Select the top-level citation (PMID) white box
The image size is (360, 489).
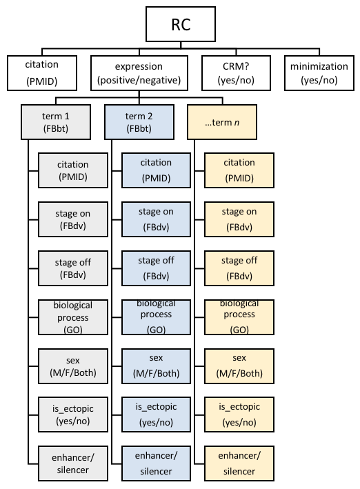pyautogui.click(x=42, y=72)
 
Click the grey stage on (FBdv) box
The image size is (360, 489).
pyautogui.click(x=72, y=219)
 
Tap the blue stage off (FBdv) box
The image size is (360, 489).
pyautogui.click(x=157, y=268)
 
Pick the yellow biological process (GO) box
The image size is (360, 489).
pyautogui.click(x=239, y=317)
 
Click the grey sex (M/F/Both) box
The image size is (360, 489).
pyautogui.click(x=72, y=366)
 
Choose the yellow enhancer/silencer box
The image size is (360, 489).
pyautogui.click(x=239, y=463)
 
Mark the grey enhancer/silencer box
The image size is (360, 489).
pyautogui.click(x=72, y=463)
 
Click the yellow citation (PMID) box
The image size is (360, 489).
pyautogui.click(x=239, y=170)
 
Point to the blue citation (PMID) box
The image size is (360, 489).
pyautogui.click(x=157, y=170)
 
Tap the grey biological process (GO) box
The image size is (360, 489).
pyautogui.click(x=72, y=317)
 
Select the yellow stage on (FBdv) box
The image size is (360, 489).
pyautogui.click(x=239, y=219)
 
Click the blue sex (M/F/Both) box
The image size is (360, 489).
pyautogui.click(x=157, y=366)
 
